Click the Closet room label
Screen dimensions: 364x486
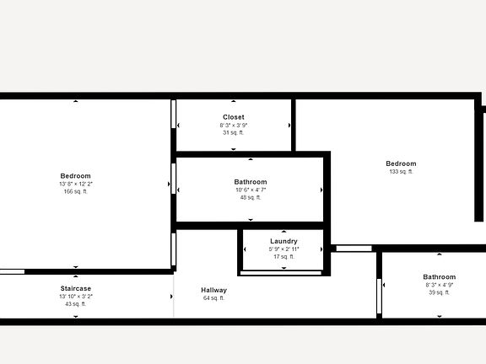tap(234, 117)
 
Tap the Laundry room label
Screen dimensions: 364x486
tap(283, 241)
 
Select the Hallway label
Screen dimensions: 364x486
tap(214, 290)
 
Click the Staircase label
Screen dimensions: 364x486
tap(75, 288)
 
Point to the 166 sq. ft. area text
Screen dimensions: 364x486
tap(75, 191)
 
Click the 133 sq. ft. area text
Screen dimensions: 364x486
tap(401, 172)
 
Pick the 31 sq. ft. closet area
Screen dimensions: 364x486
tap(234, 133)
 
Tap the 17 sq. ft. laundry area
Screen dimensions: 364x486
tap(283, 256)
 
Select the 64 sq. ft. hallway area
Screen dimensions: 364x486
tap(214, 298)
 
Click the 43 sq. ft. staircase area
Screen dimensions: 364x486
tap(75, 303)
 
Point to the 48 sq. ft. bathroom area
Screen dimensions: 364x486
tap(251, 198)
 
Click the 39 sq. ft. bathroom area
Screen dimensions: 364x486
tap(439, 292)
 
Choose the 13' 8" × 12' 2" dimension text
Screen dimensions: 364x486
tap(75, 184)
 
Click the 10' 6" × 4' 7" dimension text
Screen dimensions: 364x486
tap(251, 190)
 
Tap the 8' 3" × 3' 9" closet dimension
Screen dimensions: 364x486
tap(234, 126)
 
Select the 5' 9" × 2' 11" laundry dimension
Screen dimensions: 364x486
tap(283, 249)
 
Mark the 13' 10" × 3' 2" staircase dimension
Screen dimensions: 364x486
tap(75, 296)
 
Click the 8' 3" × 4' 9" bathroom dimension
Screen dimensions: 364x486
tap(439, 285)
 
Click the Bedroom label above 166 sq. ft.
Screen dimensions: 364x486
tap(75, 175)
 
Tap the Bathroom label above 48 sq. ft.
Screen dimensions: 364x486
tap(251, 182)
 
